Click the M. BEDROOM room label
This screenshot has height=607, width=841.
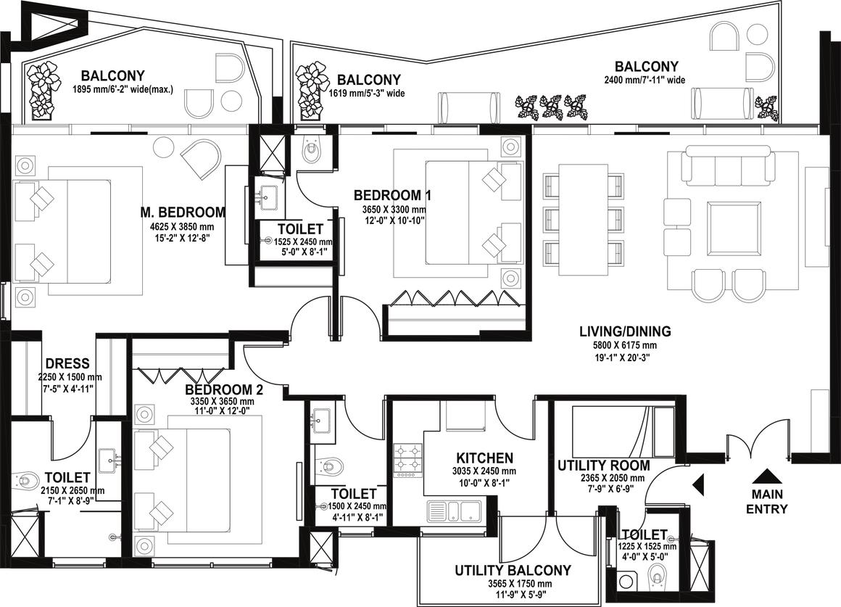pyautogui.click(x=183, y=212)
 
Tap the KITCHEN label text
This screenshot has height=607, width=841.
pyautogui.click(x=484, y=458)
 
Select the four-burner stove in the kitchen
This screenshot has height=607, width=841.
pyautogui.click(x=409, y=461)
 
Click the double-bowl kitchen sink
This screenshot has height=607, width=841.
pyautogui.click(x=455, y=511)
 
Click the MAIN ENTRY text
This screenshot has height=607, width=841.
pyautogui.click(x=767, y=501)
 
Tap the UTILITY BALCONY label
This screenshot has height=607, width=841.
pyautogui.click(x=513, y=571)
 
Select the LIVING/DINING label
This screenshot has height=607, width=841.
pyautogui.click(x=625, y=331)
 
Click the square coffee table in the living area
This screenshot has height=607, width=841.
pyautogui.click(x=734, y=229)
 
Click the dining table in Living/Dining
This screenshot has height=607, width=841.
pyautogui.click(x=584, y=218)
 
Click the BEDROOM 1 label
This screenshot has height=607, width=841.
pyautogui.click(x=392, y=195)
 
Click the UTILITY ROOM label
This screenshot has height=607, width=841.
pyautogui.click(x=603, y=466)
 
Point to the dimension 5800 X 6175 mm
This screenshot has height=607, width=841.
pyautogui.click(x=625, y=345)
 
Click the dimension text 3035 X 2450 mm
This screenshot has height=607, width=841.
pyautogui.click(x=484, y=471)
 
